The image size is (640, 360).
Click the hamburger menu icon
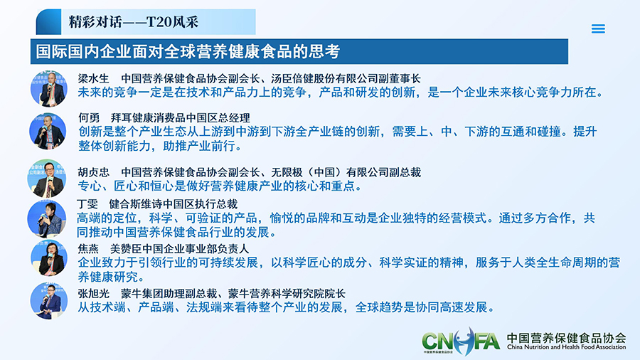(598, 28)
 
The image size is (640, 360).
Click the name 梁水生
(93, 78)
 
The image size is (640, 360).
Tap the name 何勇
(89, 118)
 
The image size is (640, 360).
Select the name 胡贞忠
(93, 172)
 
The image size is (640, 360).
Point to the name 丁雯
(87, 203)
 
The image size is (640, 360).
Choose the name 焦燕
(89, 248)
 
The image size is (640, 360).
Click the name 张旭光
(93, 293)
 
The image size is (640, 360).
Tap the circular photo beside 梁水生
(49, 88)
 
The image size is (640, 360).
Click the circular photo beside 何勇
(48, 131)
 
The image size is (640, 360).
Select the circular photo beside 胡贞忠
(47, 179)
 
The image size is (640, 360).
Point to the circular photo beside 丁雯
(46, 219)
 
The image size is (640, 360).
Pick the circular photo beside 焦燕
(49, 259)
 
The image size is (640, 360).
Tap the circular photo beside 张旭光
(49, 301)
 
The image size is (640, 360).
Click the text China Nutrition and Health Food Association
(567, 347)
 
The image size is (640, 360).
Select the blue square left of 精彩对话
(48, 21)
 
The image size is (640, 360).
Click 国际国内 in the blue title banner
(60, 51)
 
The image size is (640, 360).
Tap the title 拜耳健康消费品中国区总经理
(181, 118)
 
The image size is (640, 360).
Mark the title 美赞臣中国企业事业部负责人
(180, 248)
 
